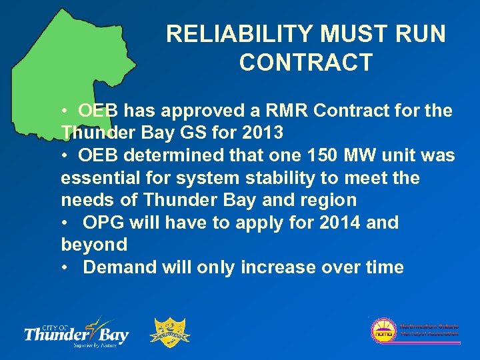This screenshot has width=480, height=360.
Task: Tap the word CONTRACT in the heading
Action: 305,63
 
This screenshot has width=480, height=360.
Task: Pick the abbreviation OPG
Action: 106,223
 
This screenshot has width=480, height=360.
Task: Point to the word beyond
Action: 94,245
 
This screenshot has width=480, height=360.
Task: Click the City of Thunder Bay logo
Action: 76,331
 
